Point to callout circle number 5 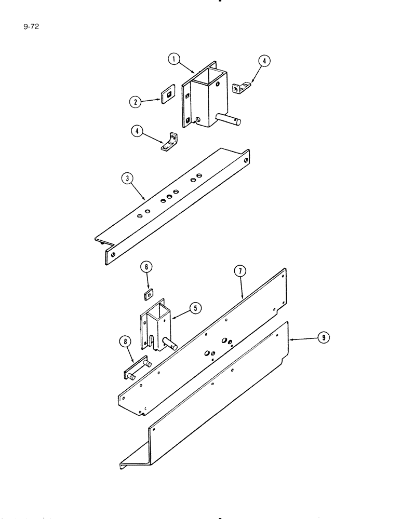pos(195,308)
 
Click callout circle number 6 pos(146,267)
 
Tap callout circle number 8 pos(125,342)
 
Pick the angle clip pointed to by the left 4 pos(169,141)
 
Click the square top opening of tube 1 pos(209,78)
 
